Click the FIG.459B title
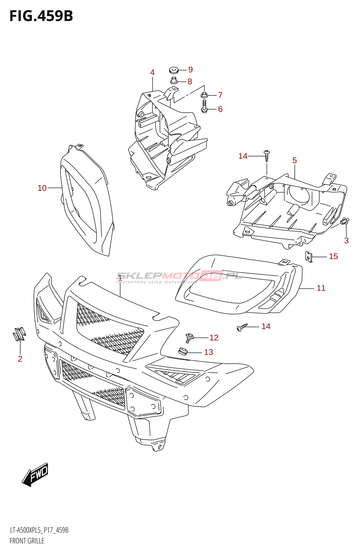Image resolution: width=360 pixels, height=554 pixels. [41, 16]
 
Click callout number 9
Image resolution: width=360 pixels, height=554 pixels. [190, 70]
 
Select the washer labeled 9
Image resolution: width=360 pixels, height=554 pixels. [174, 70]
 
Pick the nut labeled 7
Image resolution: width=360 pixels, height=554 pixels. [204, 95]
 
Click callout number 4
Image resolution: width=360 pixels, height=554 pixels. [152, 73]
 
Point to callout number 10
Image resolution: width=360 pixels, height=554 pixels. [42, 188]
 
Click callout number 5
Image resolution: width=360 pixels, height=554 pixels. [295, 160]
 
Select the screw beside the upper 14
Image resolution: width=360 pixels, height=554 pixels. [267, 156]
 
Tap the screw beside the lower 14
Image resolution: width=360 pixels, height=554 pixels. [242, 327]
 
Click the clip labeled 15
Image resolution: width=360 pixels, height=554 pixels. [309, 257]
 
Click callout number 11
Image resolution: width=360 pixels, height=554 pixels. [321, 288]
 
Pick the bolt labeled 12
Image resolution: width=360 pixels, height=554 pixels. [189, 337]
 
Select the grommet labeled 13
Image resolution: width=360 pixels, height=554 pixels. [182, 351]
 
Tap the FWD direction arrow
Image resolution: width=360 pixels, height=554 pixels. [35, 474]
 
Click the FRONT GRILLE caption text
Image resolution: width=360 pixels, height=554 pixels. [27, 541]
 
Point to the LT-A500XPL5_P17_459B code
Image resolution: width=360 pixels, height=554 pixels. [39, 530]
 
